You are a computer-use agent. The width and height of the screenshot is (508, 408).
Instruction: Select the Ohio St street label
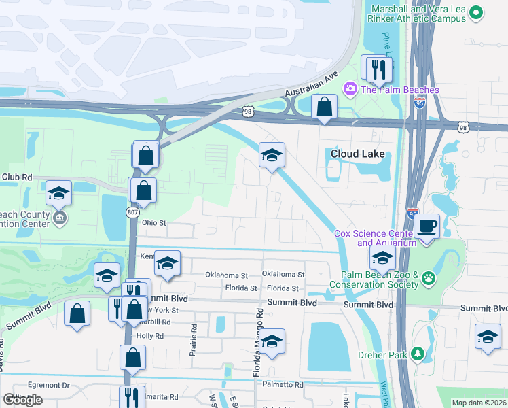[153, 222]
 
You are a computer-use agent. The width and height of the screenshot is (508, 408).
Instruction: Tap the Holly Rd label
[149, 336]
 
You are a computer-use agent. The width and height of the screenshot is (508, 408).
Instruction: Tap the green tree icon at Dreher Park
[419, 354]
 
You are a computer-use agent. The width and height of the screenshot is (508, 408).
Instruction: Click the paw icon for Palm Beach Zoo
[428, 277]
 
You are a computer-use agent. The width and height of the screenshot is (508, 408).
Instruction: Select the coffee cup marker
[427, 224]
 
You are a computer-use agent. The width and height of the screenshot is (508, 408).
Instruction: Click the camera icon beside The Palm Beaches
[350, 88]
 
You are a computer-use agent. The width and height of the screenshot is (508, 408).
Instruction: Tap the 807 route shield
[133, 212]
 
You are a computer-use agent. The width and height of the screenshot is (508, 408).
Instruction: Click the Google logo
[22, 400]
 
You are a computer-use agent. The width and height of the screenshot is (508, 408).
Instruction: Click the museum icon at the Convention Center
[59, 218]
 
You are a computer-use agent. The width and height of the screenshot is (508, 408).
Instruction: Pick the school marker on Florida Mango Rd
[272, 341]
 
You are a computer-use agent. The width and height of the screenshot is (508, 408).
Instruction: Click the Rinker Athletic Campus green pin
[476, 12]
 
